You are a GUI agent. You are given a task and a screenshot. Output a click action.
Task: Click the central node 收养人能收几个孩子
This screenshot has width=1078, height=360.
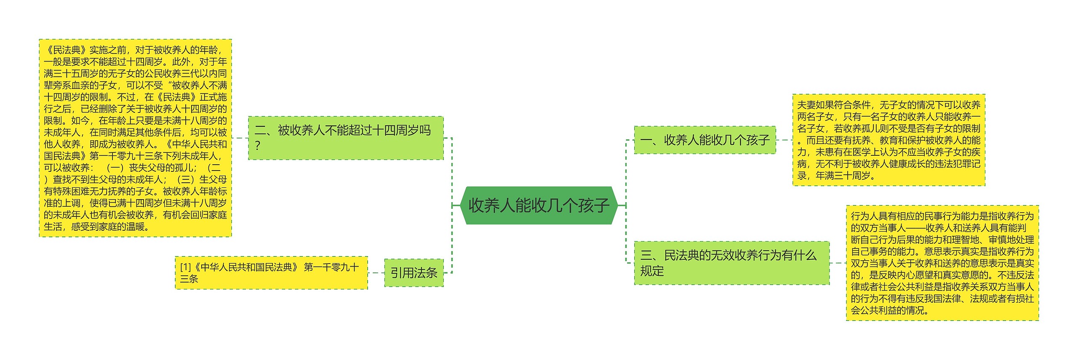tap(539, 205)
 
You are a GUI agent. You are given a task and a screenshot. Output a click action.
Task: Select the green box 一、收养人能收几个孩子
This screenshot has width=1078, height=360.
tap(704, 140)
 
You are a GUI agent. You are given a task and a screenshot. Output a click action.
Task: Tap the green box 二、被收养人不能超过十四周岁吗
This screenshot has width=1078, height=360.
tap(345, 138)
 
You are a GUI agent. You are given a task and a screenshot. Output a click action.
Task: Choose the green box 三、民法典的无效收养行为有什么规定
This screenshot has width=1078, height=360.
tap(731, 263)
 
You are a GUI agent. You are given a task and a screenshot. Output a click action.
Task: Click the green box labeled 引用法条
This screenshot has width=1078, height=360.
tap(414, 273)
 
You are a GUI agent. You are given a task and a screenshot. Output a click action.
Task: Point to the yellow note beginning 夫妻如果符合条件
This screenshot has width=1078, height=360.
tap(889, 140)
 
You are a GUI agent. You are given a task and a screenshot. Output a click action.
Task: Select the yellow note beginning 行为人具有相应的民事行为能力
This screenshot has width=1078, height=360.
tap(942, 263)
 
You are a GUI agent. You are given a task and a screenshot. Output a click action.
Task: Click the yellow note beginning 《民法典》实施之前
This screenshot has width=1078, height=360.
tap(135, 138)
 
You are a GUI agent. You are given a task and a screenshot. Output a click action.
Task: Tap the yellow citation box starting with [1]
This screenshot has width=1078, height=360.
tap(271, 273)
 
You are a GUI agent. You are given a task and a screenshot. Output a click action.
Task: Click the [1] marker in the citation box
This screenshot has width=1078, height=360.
tap(185, 267)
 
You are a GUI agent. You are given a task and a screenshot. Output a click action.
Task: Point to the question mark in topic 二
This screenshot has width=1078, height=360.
tap(258, 146)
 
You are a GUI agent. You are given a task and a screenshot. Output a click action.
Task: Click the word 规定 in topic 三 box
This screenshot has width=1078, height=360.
tap(652, 271)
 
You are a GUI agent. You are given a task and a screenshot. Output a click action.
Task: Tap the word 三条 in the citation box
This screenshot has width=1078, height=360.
tap(189, 279)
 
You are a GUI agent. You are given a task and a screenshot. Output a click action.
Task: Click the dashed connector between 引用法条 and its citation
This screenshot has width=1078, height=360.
tap(376, 273)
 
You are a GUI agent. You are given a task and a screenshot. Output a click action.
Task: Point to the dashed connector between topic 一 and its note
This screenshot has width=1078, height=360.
tap(784, 140)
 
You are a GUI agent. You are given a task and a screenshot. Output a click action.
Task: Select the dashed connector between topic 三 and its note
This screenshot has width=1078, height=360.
tap(838, 263)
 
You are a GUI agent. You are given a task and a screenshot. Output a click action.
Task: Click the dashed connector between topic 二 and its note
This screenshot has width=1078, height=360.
tap(240, 138)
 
